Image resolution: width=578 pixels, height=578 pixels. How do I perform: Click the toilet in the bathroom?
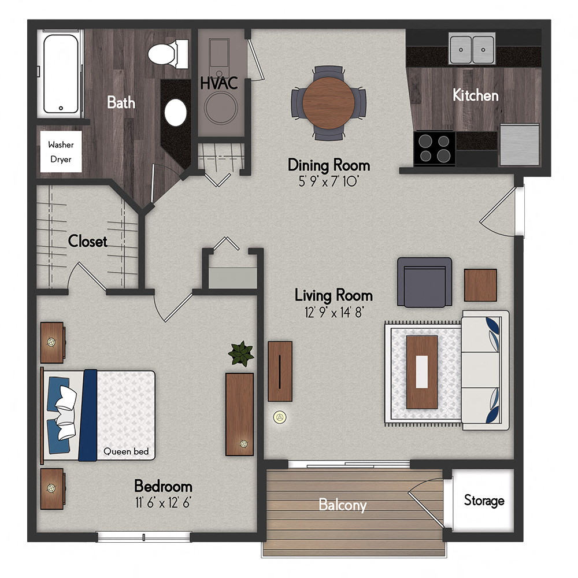coord(168,54)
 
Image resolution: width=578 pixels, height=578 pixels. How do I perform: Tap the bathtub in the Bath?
coord(60,73)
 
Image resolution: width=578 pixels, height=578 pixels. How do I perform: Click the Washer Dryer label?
coord(60,152)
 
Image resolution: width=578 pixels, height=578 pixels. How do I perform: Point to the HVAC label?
coord(219,83)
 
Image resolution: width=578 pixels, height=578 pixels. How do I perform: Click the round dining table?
coord(328,103)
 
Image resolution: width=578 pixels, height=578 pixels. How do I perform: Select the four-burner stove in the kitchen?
coord(434,148)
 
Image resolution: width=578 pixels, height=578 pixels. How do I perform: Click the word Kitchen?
coord(475,95)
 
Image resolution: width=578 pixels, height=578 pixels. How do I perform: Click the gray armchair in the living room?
coord(424,282)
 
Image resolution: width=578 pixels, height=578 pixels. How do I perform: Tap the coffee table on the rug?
coord(422,372)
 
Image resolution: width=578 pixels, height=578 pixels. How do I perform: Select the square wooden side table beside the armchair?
coord(480,285)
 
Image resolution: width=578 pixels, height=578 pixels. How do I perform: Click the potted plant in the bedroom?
coord(241,353)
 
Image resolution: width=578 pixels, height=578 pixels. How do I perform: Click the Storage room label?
coord(484,501)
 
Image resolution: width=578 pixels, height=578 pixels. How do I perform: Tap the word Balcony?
coord(342,505)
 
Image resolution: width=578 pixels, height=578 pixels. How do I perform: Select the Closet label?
coord(88,241)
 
